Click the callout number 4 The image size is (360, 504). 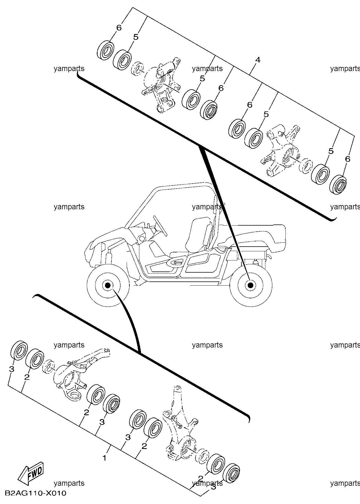click(258, 60)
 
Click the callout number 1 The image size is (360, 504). click(105, 458)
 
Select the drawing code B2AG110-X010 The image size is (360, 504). click(35, 493)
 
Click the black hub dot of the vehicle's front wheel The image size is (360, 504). click(108, 285)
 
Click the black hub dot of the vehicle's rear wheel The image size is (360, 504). click(251, 285)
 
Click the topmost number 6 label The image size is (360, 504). click(119, 28)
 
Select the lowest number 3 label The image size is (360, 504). click(213, 494)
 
